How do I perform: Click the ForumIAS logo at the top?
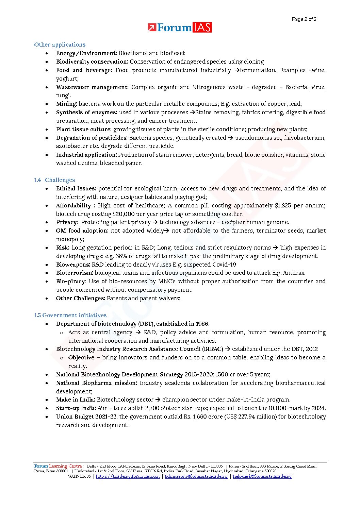click(x=180, y=28)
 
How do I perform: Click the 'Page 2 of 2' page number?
click(x=304, y=19)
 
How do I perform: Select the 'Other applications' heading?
click(x=60, y=45)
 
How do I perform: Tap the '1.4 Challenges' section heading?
click(x=54, y=180)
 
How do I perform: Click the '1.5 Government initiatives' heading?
click(x=70, y=315)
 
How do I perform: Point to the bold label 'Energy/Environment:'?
click(x=86, y=53)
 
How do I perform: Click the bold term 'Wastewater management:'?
click(x=92, y=87)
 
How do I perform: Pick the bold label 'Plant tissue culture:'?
click(x=84, y=129)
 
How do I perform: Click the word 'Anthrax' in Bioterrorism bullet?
click(x=293, y=273)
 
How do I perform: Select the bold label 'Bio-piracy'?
click(x=70, y=281)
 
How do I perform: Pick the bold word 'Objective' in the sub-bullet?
click(x=81, y=357)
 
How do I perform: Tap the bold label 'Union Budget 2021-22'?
click(x=86, y=417)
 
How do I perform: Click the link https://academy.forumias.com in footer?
click(x=128, y=476)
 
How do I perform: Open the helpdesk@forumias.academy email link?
click(x=262, y=476)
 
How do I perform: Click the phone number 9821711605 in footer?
click(x=79, y=476)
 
